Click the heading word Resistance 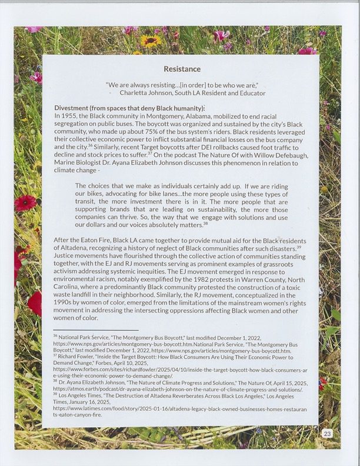click(x=182, y=69)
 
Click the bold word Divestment click(x=75, y=108)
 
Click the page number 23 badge click(x=327, y=434)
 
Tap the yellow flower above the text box click(x=151, y=41)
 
